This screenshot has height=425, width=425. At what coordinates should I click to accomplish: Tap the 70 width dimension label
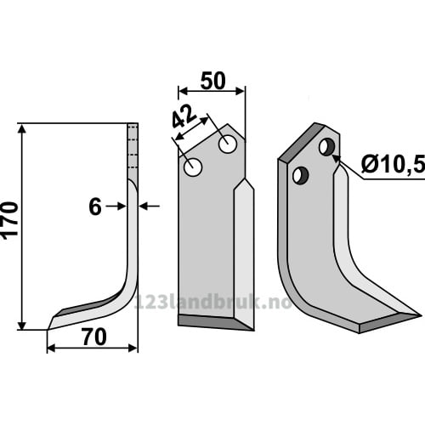click(94, 337)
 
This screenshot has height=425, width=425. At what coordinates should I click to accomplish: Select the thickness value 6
click(95, 207)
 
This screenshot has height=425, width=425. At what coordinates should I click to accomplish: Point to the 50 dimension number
click(213, 81)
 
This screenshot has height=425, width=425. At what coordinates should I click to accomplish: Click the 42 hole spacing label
click(184, 116)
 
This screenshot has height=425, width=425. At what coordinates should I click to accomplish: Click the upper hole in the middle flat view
click(228, 144)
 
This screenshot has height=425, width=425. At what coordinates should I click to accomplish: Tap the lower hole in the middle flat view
click(193, 167)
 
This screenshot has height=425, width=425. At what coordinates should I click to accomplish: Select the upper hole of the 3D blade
click(326, 147)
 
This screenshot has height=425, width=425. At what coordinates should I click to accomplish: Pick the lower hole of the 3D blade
click(301, 175)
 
